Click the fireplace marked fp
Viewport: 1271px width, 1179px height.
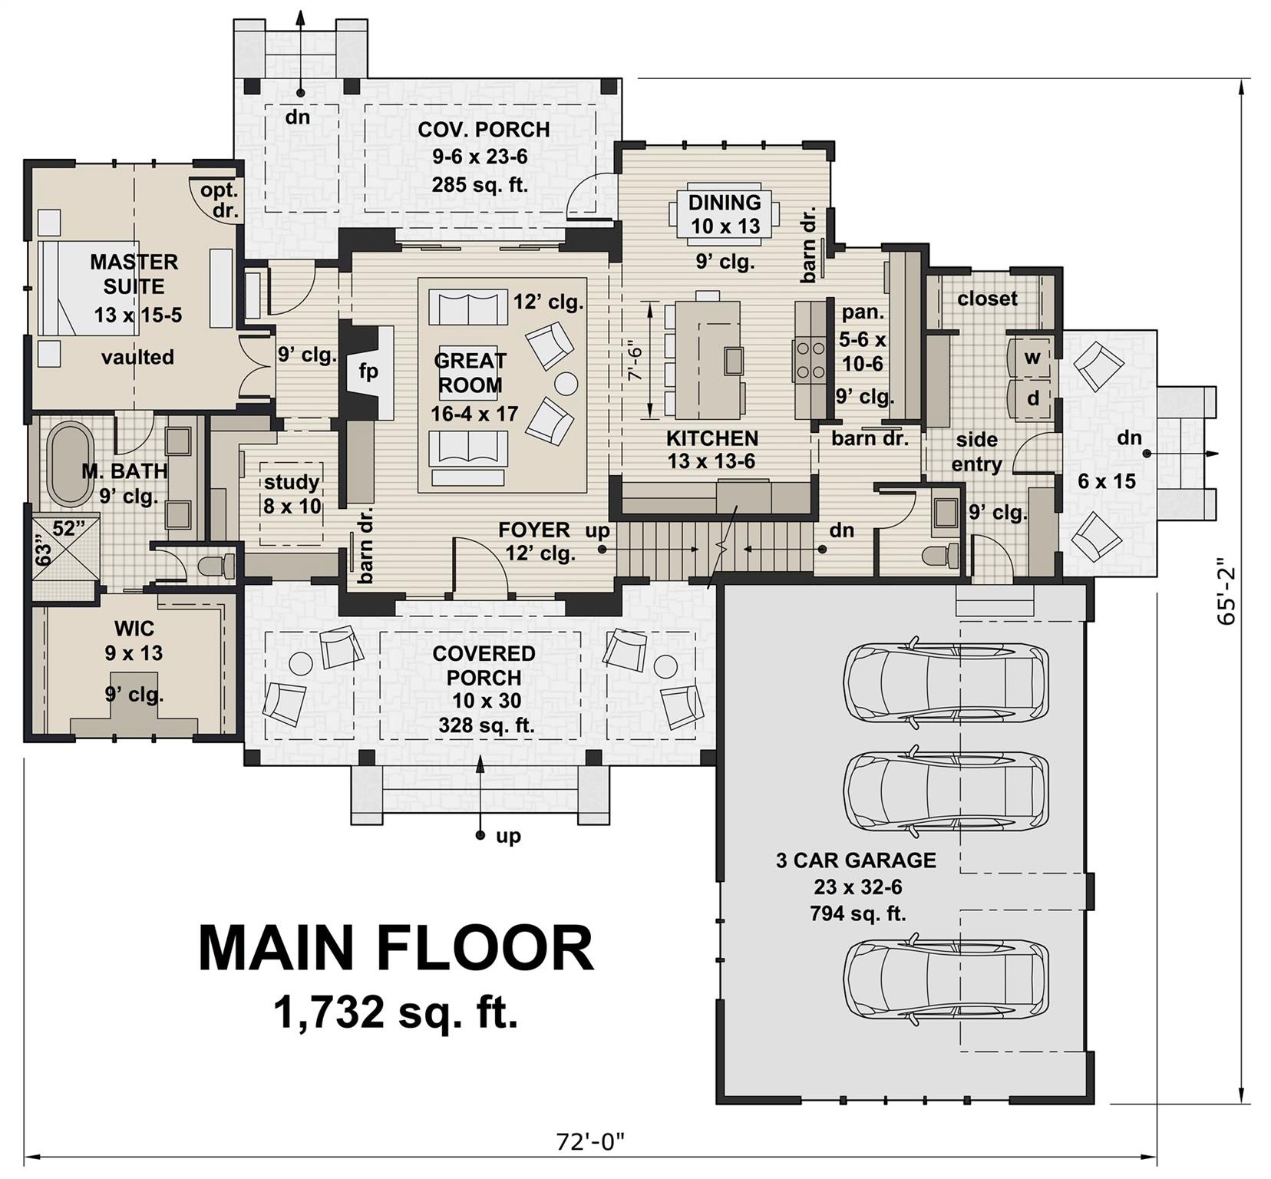pyautogui.click(x=368, y=371)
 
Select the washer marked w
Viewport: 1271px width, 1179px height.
pyautogui.click(x=1032, y=358)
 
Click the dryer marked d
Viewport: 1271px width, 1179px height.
pyautogui.click(x=1032, y=398)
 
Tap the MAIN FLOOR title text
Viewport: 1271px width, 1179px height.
pyautogui.click(x=396, y=949)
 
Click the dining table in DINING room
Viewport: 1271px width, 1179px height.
pyautogui.click(x=725, y=213)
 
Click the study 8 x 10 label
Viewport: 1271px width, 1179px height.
pyautogui.click(x=292, y=494)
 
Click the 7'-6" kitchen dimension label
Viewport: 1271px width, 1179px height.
pyautogui.click(x=634, y=361)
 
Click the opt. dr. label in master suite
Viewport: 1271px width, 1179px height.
pyautogui.click(x=220, y=200)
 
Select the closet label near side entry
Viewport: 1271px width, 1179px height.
pyautogui.click(x=987, y=298)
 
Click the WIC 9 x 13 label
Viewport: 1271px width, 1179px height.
pyautogui.click(x=134, y=641)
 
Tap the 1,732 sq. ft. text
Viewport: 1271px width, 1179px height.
pyautogui.click(x=396, y=1013)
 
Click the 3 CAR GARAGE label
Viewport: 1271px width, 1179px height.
pyautogui.click(x=857, y=860)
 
